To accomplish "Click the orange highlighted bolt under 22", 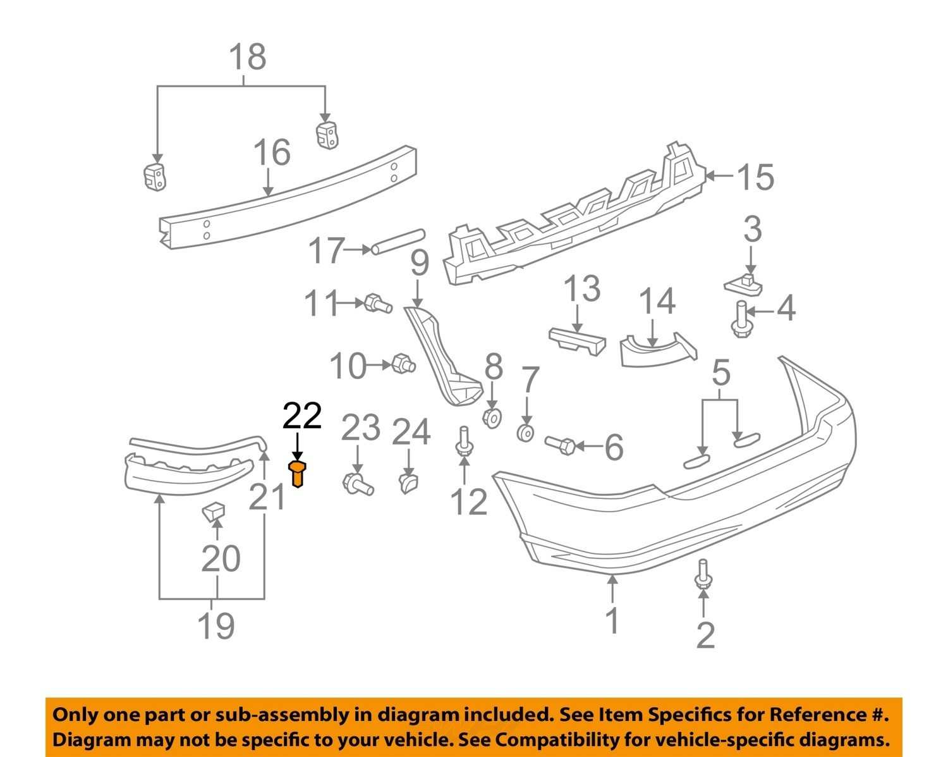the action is (297, 474).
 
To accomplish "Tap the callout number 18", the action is (248, 58).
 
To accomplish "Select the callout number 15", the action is (755, 177).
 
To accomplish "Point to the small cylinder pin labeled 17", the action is (398, 242).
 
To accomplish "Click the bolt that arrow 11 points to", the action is (379, 303).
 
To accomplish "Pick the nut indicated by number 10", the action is (403, 364).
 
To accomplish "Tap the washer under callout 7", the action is (526, 433).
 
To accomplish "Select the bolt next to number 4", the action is (741, 319).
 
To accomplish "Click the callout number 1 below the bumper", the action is (613, 620).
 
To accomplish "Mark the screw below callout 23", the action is (358, 484).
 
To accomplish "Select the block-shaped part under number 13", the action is (577, 341).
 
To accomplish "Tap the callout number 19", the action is (216, 625).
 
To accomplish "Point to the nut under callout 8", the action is (492, 417).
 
